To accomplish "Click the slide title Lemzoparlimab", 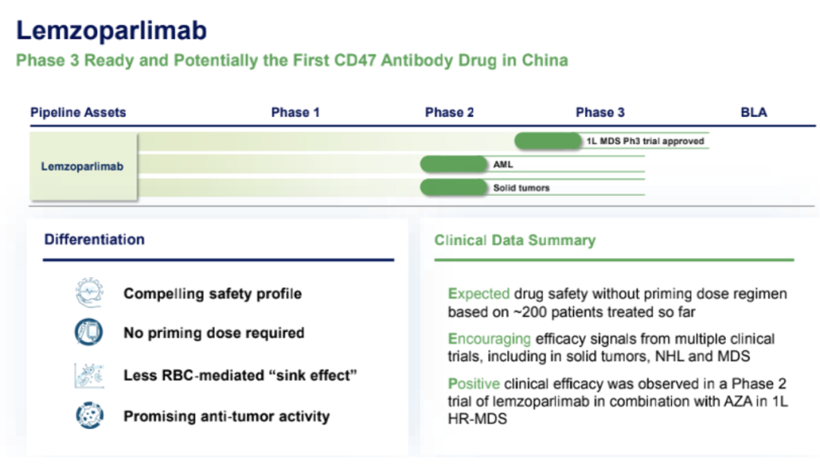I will pos(112,30).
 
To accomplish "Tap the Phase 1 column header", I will pos(295,112).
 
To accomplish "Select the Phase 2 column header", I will pos(449,112).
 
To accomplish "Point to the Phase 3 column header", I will pos(600,112).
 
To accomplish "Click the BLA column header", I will pos(753,112).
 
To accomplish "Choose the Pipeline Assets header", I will pos(78,112).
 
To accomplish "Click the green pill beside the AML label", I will pos(454,164).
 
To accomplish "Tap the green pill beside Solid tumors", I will pos(454,188).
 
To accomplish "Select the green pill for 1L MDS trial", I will pos(547,140).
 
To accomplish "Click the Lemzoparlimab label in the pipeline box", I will pos(82,166).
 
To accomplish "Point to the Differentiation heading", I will pos(94,239).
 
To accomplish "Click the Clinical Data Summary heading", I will pos(515,241).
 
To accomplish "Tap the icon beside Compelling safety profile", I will pos(88,293).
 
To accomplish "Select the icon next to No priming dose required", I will pos(88,333).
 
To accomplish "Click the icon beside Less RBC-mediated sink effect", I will pos(88,375).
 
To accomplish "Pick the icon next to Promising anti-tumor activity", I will pos(88,415).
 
